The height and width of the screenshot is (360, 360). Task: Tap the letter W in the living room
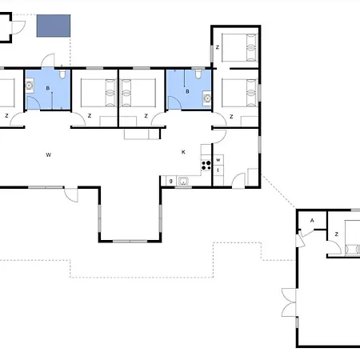click(49, 153)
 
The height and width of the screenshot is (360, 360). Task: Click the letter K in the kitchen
click(183, 152)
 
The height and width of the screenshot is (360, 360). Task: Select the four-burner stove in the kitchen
click(206, 166)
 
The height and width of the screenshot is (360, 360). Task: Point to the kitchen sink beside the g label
click(184, 182)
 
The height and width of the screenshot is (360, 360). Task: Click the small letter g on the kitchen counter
click(171, 182)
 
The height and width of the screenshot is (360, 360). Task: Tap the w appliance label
click(218, 160)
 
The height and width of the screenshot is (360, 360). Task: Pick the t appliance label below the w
click(218, 170)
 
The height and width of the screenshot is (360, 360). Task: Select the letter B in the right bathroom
click(187, 91)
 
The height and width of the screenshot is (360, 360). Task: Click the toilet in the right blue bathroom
click(196, 75)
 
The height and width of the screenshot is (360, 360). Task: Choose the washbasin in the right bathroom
click(206, 98)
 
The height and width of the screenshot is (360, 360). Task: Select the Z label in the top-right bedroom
click(218, 48)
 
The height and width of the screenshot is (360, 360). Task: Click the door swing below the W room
click(72, 194)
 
